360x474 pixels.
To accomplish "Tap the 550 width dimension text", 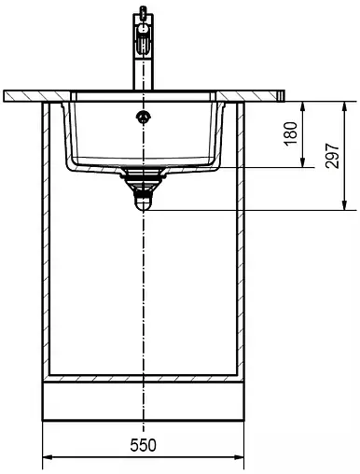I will click(144, 446).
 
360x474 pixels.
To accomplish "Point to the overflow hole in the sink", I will click(144, 117).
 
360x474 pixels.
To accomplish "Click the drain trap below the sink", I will click(144, 195).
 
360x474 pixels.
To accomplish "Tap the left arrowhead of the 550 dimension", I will click(48, 457).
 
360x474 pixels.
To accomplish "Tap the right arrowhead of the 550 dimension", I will click(240, 457).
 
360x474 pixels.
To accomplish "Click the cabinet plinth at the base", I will click(144, 402).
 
